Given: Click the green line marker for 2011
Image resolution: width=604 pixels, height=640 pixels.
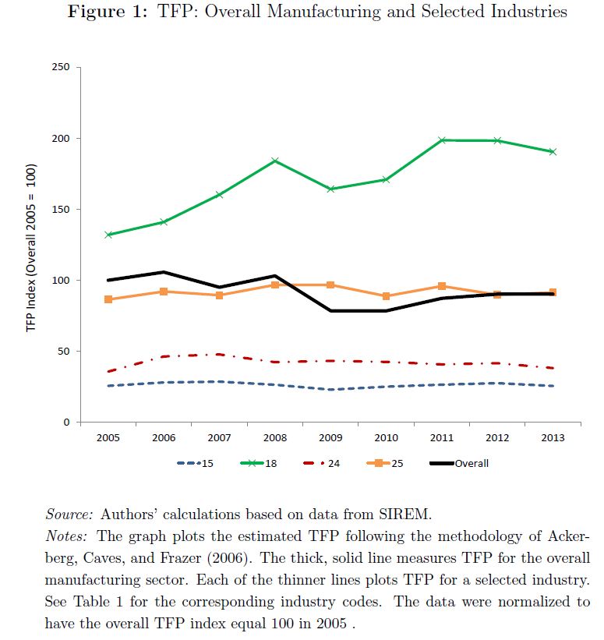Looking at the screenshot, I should click(442, 140).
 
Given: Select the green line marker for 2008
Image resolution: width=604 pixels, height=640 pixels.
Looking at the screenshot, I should click(275, 161).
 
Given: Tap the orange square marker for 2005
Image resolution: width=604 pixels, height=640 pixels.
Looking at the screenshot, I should click(108, 299).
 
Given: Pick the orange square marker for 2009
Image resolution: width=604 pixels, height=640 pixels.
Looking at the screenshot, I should click(331, 285).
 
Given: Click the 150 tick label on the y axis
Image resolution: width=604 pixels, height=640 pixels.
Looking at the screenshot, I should click(63, 210).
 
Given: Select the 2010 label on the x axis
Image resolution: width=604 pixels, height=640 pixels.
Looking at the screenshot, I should click(387, 438).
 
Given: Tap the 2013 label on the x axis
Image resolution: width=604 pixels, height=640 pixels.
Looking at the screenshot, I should click(553, 438).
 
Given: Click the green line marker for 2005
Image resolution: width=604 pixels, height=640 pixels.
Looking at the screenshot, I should click(108, 235).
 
